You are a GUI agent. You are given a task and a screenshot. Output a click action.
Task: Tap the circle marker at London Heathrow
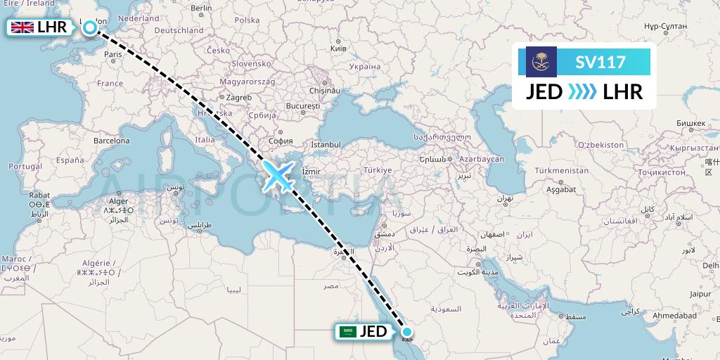(x=91, y=28)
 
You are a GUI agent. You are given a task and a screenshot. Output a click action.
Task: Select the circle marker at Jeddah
(x=406, y=331)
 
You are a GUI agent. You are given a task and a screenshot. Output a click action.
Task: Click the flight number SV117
(x=600, y=62)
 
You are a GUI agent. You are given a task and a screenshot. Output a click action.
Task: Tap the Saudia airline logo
(x=541, y=62)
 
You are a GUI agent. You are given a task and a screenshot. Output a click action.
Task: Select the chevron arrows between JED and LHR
(x=582, y=91)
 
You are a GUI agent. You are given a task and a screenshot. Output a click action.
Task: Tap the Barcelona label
(x=112, y=140)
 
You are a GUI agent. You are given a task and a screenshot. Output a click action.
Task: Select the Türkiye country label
(x=378, y=170)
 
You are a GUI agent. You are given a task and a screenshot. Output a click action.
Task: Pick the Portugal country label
(x=25, y=166)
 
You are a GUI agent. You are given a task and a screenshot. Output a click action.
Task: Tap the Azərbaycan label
(x=482, y=160)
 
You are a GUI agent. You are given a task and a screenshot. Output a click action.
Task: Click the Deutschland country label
(x=179, y=30)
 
